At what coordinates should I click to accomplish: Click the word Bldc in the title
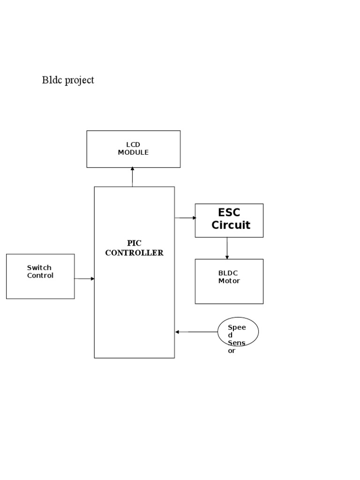coord(52,80)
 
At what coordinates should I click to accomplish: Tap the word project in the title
coord(79,81)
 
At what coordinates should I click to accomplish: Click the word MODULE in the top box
coord(133,152)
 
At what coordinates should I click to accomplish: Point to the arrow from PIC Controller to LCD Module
coord(133,177)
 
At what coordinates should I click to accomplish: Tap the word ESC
coord(229,213)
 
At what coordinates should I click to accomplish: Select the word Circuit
coord(231,225)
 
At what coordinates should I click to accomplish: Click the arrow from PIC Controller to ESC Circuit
coord(185,218)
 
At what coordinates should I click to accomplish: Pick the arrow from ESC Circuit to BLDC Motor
coord(227,248)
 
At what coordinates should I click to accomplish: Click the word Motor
coord(229,281)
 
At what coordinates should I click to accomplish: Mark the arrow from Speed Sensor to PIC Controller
coord(196,332)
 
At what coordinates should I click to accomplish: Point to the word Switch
coord(39,268)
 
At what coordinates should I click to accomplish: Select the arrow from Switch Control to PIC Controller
coord(84,279)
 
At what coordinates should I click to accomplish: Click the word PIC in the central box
coord(134,243)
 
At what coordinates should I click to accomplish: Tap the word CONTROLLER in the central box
coord(134,253)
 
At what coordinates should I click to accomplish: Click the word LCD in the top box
coord(133,145)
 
